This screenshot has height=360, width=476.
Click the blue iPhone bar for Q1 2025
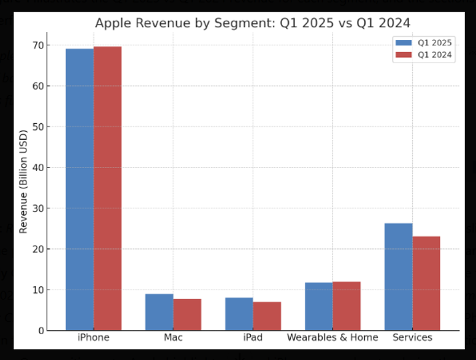(80, 190)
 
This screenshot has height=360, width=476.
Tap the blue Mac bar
(159, 312)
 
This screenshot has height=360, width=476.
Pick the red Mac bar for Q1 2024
(187, 315)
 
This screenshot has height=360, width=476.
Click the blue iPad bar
(239, 314)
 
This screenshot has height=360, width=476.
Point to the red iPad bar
(267, 316)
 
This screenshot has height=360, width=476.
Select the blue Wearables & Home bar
(318, 307)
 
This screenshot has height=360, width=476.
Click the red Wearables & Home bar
(347, 306)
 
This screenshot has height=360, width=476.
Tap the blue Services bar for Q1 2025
(398, 277)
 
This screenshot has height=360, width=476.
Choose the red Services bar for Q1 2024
(426, 283)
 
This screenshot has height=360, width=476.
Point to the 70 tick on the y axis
(37, 45)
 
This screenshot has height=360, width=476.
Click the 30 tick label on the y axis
(37, 209)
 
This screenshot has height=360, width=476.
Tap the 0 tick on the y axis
(40, 331)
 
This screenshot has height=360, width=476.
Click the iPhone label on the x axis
(94, 338)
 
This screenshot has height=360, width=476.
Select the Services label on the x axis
(412, 338)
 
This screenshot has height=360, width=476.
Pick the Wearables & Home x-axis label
(332, 338)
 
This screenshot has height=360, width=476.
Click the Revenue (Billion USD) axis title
(24, 182)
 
